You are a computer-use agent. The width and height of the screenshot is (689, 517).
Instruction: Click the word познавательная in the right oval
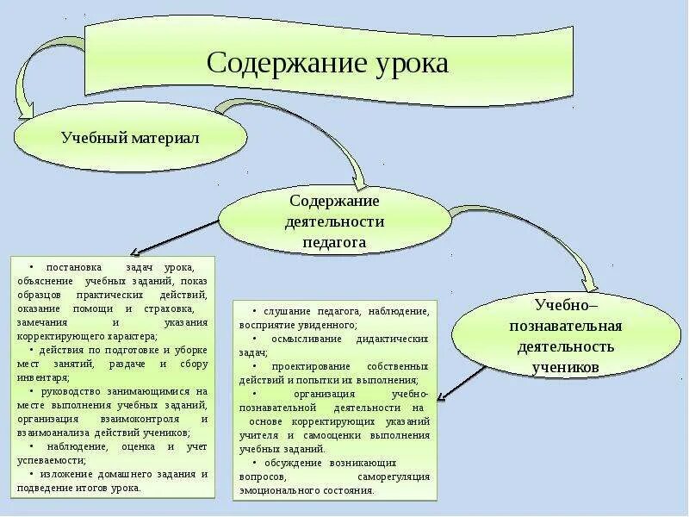click(565, 327)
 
